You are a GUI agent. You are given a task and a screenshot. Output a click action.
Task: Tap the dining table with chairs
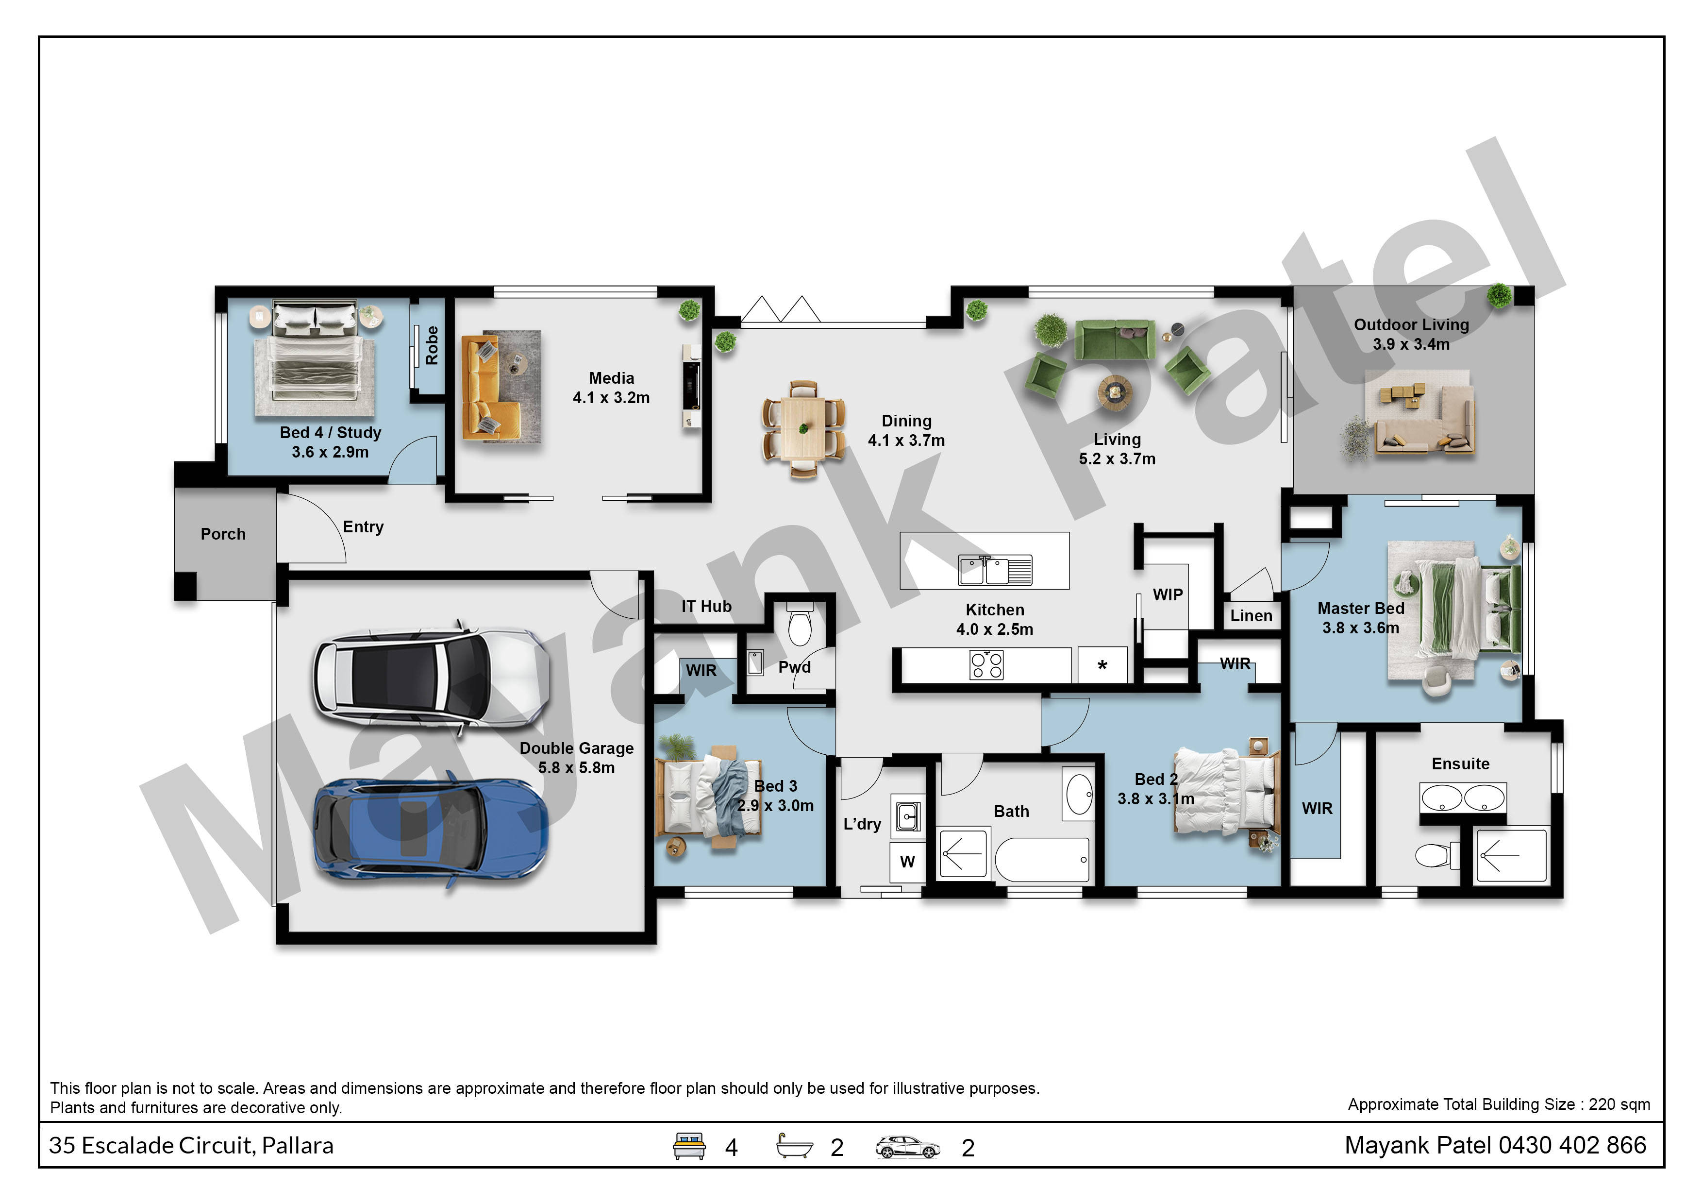click(x=803, y=429)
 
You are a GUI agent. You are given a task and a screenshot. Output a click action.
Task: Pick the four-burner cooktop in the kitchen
click(x=986, y=665)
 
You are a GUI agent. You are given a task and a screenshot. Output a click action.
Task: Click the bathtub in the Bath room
click(x=1041, y=860)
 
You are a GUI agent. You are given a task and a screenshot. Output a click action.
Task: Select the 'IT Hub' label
click(x=706, y=607)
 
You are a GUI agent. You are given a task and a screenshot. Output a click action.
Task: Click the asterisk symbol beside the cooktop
click(x=1102, y=665)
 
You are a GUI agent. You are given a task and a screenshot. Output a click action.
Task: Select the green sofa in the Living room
click(x=1115, y=340)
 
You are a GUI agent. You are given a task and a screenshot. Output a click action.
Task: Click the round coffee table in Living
click(x=1116, y=391)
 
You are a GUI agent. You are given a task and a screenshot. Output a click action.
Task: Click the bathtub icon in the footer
click(x=794, y=1146)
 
